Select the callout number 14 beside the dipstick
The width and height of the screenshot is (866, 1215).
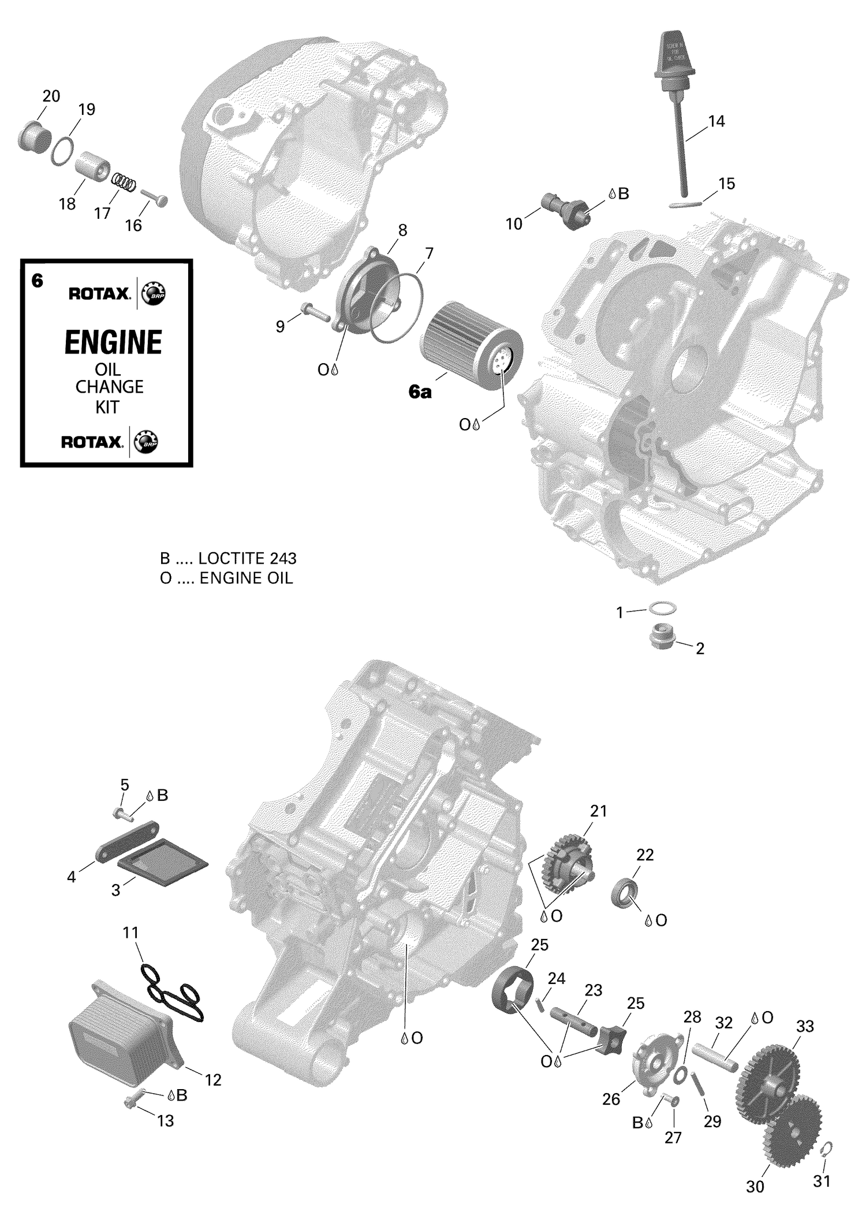pyautogui.click(x=716, y=121)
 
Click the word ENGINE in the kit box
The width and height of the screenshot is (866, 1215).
pyautogui.click(x=113, y=342)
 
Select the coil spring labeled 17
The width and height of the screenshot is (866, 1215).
pyautogui.click(x=124, y=182)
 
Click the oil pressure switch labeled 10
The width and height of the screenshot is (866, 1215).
pyautogui.click(x=566, y=212)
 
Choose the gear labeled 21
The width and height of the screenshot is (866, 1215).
pyautogui.click(x=568, y=862)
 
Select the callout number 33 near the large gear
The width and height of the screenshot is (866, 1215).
pyautogui.click(x=805, y=1026)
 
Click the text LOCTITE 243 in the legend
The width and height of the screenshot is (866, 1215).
pyautogui.click(x=247, y=558)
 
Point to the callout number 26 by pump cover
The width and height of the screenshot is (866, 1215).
pyautogui.click(x=611, y=1099)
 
